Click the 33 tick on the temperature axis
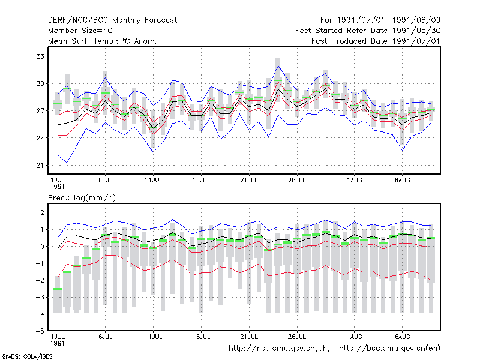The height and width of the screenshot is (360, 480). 40,56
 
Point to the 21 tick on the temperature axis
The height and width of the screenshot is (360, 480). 40,166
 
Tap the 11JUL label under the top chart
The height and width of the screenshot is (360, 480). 154,180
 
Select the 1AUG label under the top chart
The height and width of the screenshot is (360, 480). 355,180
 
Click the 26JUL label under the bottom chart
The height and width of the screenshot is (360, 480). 297,337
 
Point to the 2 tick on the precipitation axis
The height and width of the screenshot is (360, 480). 42,212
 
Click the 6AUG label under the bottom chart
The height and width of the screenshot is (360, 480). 402,337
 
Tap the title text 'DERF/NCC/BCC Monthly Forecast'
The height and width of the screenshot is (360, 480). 112,20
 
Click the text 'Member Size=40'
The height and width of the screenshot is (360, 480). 80,31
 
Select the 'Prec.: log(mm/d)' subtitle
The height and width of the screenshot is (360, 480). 82,198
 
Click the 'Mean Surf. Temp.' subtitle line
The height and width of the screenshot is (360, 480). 102,41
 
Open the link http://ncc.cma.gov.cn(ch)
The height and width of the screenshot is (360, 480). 279,349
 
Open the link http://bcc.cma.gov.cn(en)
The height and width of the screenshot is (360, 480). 389,349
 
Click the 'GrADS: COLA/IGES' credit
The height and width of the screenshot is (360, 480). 27,356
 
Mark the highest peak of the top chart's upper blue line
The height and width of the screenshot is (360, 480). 278,65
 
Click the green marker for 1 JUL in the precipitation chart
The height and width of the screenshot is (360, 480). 58,289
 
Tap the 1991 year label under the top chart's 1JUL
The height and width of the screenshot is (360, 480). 57,187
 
